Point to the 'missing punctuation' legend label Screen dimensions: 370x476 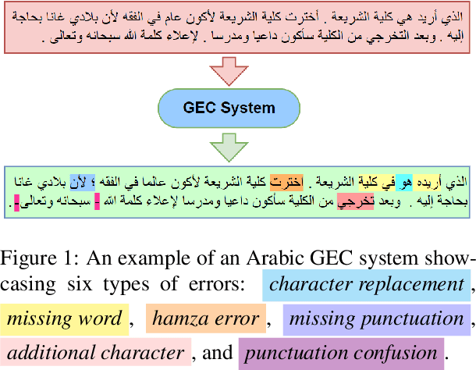[x=376, y=318]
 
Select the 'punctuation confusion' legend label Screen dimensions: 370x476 [x=340, y=352]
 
